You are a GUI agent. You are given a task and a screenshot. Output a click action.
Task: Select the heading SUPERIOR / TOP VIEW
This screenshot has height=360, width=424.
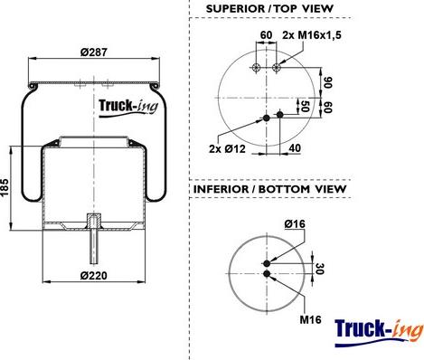tap(269, 8)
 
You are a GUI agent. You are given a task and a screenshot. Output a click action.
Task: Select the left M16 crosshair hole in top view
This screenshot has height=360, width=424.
tap(259, 67)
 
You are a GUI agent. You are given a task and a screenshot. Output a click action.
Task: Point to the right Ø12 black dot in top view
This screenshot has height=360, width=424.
tap(279, 114)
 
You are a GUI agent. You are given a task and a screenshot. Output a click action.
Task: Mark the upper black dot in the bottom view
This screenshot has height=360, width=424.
tap(267, 264)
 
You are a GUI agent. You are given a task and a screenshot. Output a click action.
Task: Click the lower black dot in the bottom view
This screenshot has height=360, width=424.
tap(267, 275)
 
